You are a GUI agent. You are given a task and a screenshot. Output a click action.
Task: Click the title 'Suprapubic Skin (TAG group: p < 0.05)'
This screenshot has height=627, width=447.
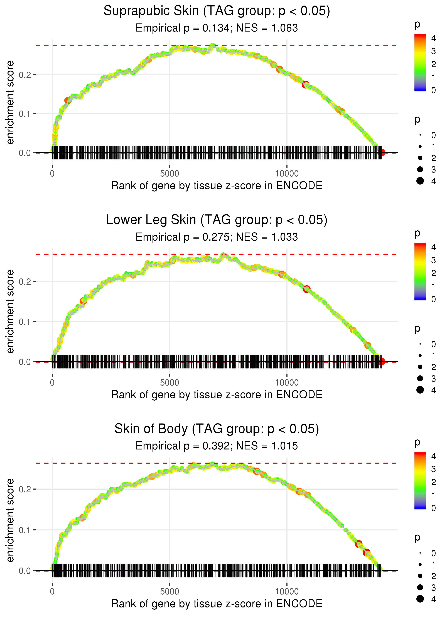[217, 11]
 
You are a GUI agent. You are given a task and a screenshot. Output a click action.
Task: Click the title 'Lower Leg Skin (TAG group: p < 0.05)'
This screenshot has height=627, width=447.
[217, 220]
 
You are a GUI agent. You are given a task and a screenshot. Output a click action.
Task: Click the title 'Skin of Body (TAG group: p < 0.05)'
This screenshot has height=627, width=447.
[217, 429]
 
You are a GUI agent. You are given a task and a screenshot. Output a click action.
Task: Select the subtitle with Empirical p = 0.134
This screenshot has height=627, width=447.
[217, 28]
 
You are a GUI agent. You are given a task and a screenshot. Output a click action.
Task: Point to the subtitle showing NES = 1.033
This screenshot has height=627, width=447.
[217, 237]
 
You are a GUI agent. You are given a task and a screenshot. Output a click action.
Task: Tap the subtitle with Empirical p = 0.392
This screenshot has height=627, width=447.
[217, 446]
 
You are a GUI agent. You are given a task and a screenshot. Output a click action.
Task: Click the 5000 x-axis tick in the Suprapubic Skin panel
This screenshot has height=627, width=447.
[170, 174]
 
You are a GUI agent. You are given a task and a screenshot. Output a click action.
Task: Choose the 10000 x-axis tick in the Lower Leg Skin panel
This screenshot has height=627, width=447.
[287, 383]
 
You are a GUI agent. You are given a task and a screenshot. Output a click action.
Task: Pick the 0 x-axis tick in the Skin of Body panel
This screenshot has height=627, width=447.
[52, 592]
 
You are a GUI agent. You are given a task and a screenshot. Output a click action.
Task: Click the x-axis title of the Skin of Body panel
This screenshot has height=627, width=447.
[217, 604]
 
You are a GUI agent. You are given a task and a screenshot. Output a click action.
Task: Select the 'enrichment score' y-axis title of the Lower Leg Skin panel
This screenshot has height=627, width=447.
[10, 312]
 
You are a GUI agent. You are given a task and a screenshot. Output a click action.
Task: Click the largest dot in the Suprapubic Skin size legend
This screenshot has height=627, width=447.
[420, 181]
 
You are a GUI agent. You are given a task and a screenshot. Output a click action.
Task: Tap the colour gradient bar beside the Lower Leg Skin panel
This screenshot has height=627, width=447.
[420, 272]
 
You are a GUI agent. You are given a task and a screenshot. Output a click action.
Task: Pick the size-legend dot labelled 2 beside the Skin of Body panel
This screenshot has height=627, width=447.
[420, 576]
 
